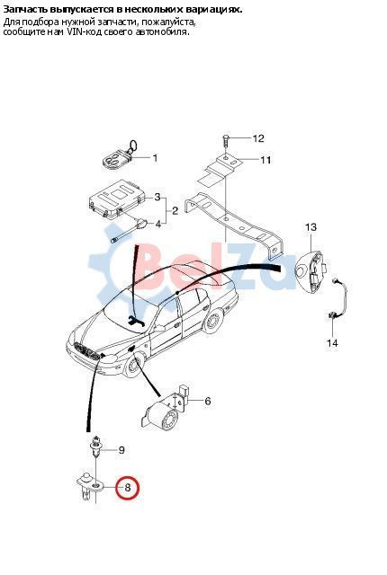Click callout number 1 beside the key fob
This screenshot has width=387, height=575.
[x=155, y=158]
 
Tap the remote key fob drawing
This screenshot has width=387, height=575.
[x=118, y=156]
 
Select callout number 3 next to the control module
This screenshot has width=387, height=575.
[x=157, y=198]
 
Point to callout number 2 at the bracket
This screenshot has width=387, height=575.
[x=175, y=211]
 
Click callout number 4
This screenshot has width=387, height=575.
[x=157, y=224]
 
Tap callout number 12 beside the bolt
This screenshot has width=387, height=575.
[x=258, y=138]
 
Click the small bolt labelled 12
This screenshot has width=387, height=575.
[x=226, y=139]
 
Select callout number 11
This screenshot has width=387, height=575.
[x=265, y=160]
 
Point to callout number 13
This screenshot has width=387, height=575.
[x=310, y=227]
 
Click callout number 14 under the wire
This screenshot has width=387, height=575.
[x=332, y=343]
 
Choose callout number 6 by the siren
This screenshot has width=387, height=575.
[x=208, y=401]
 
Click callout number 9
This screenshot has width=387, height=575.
[x=121, y=450]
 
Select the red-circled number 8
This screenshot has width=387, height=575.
[x=128, y=488]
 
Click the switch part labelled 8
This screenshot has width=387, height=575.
[x=90, y=486]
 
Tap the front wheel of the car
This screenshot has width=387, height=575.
[x=132, y=366]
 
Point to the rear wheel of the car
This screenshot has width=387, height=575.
[x=213, y=322]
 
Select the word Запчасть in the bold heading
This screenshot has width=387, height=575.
[x=21, y=10]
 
